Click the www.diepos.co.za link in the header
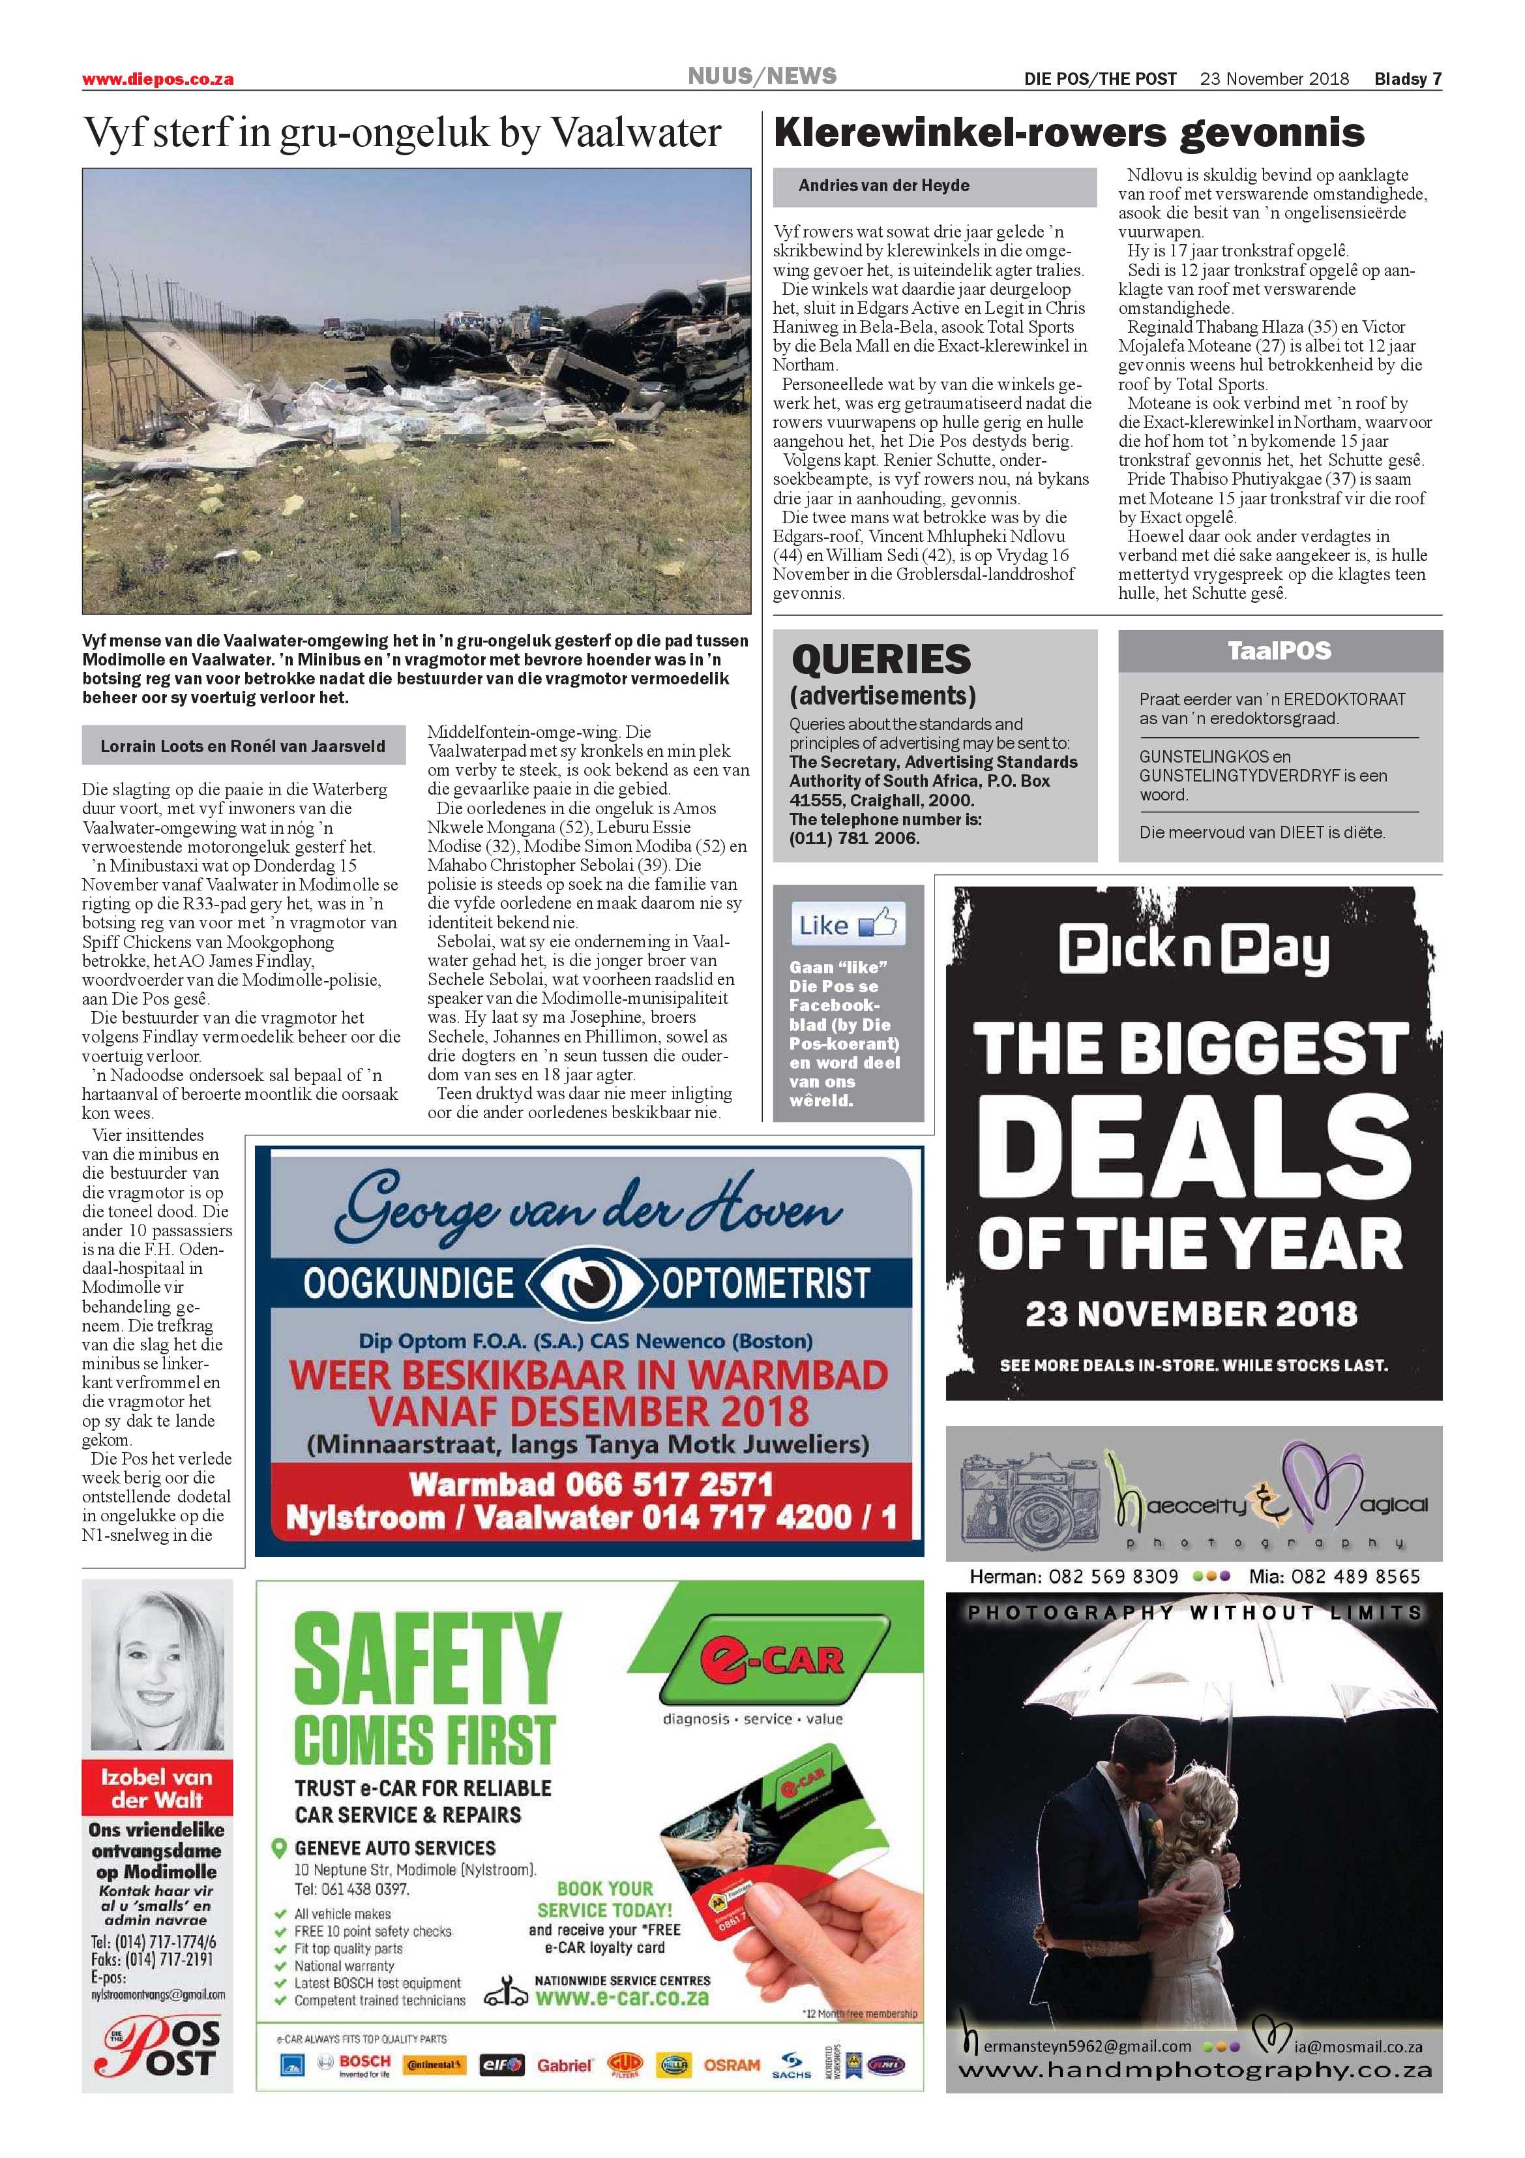coord(158,80)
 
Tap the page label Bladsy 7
coord(1408,79)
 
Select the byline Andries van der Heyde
coord(883,185)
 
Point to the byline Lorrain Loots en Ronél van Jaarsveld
coord(243,746)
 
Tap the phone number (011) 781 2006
coord(854,838)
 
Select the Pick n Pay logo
coord(1193,950)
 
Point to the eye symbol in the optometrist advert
coord(587,1283)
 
